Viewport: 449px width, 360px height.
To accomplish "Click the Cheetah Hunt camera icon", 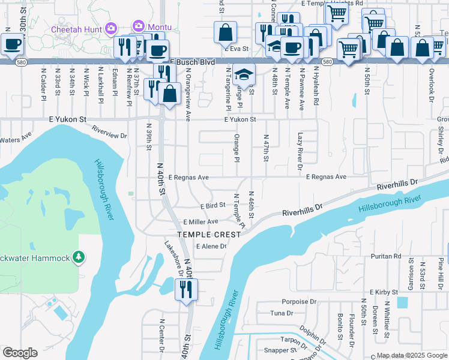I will pos(110,28).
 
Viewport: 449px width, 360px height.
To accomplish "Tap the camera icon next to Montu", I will pos(139,26).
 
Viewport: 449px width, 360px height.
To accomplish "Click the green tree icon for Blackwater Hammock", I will pos(78,257).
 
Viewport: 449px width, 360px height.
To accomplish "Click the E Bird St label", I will pos(212,205).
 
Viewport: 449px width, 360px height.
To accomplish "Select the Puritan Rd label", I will pos(386,256).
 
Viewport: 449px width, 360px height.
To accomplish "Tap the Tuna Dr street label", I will pos(282,313).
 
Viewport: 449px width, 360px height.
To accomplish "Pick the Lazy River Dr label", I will pos(300,148).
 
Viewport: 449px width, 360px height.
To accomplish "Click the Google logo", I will pos(20,352).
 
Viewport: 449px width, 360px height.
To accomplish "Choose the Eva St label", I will pos(239,48).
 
